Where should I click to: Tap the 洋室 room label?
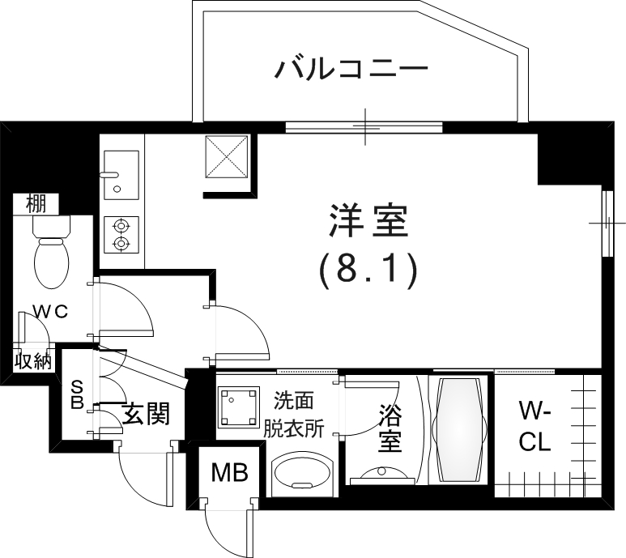pyautogui.click(x=367, y=221)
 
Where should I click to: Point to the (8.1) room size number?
pyautogui.click(x=367, y=270)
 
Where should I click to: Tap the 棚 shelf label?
pyautogui.click(x=35, y=203)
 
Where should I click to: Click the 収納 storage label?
pyautogui.click(x=33, y=360)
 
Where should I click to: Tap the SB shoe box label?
pyautogui.click(x=78, y=394)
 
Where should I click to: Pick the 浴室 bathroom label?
pyautogui.click(x=390, y=430)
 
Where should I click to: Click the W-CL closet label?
pyautogui.click(x=534, y=428)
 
